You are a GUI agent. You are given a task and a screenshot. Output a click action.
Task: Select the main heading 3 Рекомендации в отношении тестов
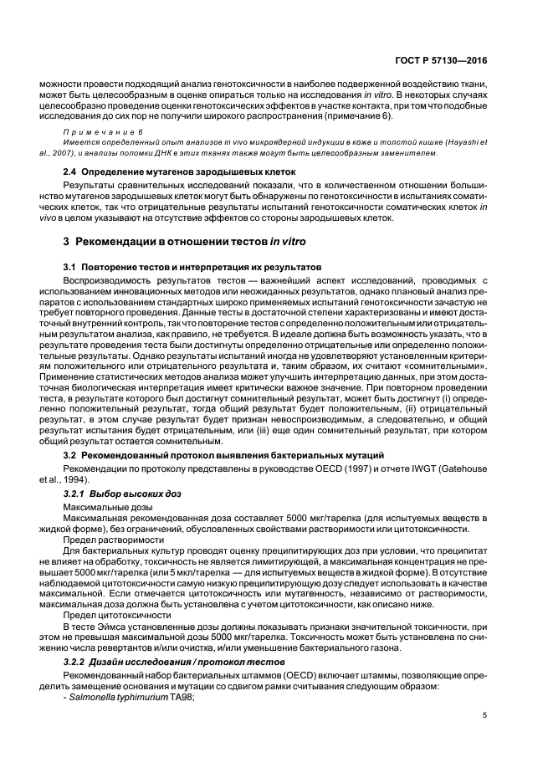(x=185, y=241)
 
